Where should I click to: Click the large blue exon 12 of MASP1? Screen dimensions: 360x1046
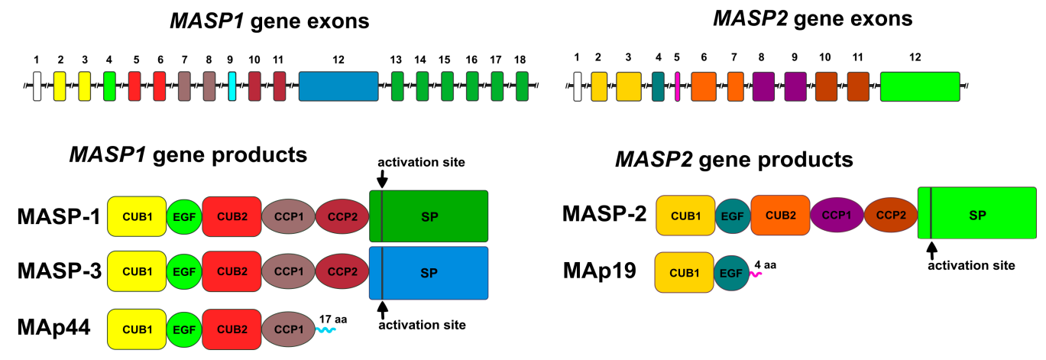click(338, 86)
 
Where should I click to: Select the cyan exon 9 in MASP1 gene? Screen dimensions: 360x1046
click(232, 86)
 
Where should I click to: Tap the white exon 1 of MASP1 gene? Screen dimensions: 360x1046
click(36, 86)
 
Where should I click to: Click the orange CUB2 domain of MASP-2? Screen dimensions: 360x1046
click(779, 215)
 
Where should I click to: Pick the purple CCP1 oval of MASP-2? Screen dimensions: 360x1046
click(837, 216)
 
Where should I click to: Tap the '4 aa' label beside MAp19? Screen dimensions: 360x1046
click(765, 265)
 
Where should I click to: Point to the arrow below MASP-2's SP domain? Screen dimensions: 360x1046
click(931, 249)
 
